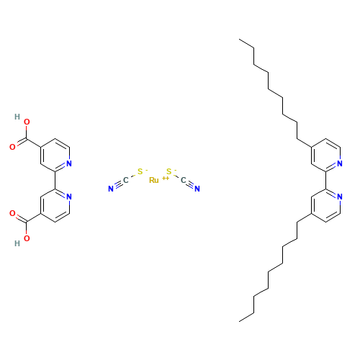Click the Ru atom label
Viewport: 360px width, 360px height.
[x=153, y=179]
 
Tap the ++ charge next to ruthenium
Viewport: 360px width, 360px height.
[x=165, y=177]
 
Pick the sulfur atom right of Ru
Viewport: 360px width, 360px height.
[x=168, y=171]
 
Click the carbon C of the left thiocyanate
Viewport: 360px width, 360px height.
[x=125, y=180]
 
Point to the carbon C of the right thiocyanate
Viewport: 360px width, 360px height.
[x=183, y=180]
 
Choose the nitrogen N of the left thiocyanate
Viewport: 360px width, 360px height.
[x=111, y=189]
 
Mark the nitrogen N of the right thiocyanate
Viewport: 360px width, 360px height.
[x=197, y=189]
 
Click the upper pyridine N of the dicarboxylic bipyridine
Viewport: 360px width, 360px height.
[x=69, y=163]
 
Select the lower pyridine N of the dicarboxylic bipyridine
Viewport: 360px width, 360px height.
[x=69, y=196]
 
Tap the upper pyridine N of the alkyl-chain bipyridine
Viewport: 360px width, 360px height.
[x=339, y=163]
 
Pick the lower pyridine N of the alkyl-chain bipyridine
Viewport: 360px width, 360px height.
[x=339, y=196]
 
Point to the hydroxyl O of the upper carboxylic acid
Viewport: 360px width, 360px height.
[x=27, y=122]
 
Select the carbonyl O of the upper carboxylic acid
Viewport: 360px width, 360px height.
[x=12, y=147]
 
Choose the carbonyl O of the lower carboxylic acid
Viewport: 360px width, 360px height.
[x=12, y=213]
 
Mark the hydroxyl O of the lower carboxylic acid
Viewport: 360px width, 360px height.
[x=27, y=238]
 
